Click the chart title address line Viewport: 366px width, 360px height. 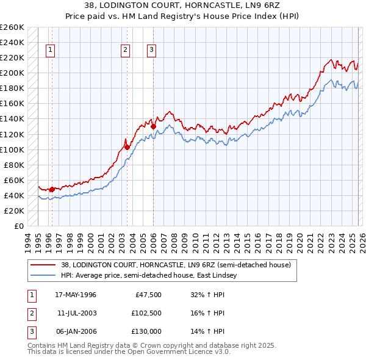(x=183, y=5)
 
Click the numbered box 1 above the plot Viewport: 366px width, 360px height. (x=49, y=51)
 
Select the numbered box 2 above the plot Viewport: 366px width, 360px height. (x=125, y=51)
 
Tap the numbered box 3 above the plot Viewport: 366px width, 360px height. (x=151, y=51)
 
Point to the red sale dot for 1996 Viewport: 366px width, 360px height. (x=52, y=189)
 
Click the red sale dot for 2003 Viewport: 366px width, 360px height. (x=127, y=147)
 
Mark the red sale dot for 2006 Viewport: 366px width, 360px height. (x=153, y=126)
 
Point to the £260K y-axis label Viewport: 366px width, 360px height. (x=12, y=27)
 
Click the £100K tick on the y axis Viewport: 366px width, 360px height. (x=12, y=149)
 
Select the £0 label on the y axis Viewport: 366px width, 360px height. (x=20, y=226)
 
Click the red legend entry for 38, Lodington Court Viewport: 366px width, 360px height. (x=176, y=265)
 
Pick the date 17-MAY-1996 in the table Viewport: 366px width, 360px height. (x=76, y=295)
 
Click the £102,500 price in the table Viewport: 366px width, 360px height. (x=146, y=313)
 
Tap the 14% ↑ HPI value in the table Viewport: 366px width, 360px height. (x=207, y=331)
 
